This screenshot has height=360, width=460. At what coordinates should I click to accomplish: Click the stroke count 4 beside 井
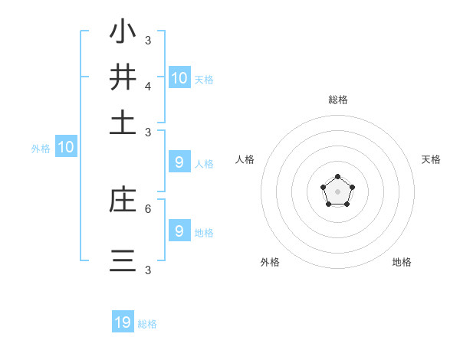point(148,86)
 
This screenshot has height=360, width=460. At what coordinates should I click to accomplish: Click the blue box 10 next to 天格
point(179,77)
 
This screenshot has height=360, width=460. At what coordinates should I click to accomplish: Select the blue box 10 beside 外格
point(66,146)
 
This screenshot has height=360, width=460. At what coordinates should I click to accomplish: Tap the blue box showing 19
point(123,322)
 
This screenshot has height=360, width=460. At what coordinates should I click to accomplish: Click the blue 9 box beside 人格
point(179,162)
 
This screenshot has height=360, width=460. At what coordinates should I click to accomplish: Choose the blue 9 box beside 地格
point(179,231)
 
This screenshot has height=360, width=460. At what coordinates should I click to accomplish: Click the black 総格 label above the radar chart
point(337,100)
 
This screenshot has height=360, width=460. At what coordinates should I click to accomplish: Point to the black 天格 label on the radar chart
point(431,159)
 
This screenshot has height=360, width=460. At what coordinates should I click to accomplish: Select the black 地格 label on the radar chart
point(402,262)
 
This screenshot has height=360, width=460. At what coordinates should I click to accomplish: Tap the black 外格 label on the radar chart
point(270,262)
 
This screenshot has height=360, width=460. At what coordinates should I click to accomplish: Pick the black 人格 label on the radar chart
point(245,159)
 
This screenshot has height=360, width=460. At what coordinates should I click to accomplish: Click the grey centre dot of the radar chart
point(337,191)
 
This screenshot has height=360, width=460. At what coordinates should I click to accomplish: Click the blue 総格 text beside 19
point(147,324)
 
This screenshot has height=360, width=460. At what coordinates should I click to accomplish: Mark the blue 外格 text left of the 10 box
point(41,149)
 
